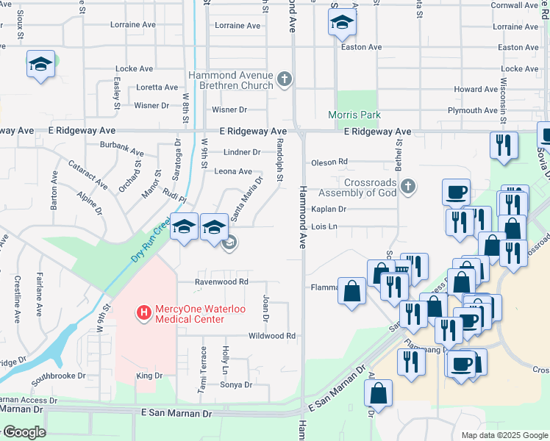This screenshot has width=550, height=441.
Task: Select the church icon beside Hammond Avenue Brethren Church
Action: (x=285, y=79)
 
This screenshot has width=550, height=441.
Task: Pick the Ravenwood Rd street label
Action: (x=221, y=282)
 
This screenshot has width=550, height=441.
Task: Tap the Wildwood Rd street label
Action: (x=271, y=336)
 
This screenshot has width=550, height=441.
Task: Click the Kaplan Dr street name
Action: (x=328, y=209)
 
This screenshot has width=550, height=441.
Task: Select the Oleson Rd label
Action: (x=329, y=162)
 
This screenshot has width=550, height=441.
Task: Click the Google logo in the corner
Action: (x=24, y=433)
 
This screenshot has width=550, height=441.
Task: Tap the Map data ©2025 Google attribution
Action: (x=504, y=435)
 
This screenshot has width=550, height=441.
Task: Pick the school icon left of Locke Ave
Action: (x=41, y=64)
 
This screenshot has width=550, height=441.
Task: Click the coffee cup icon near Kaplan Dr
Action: (x=456, y=192)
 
